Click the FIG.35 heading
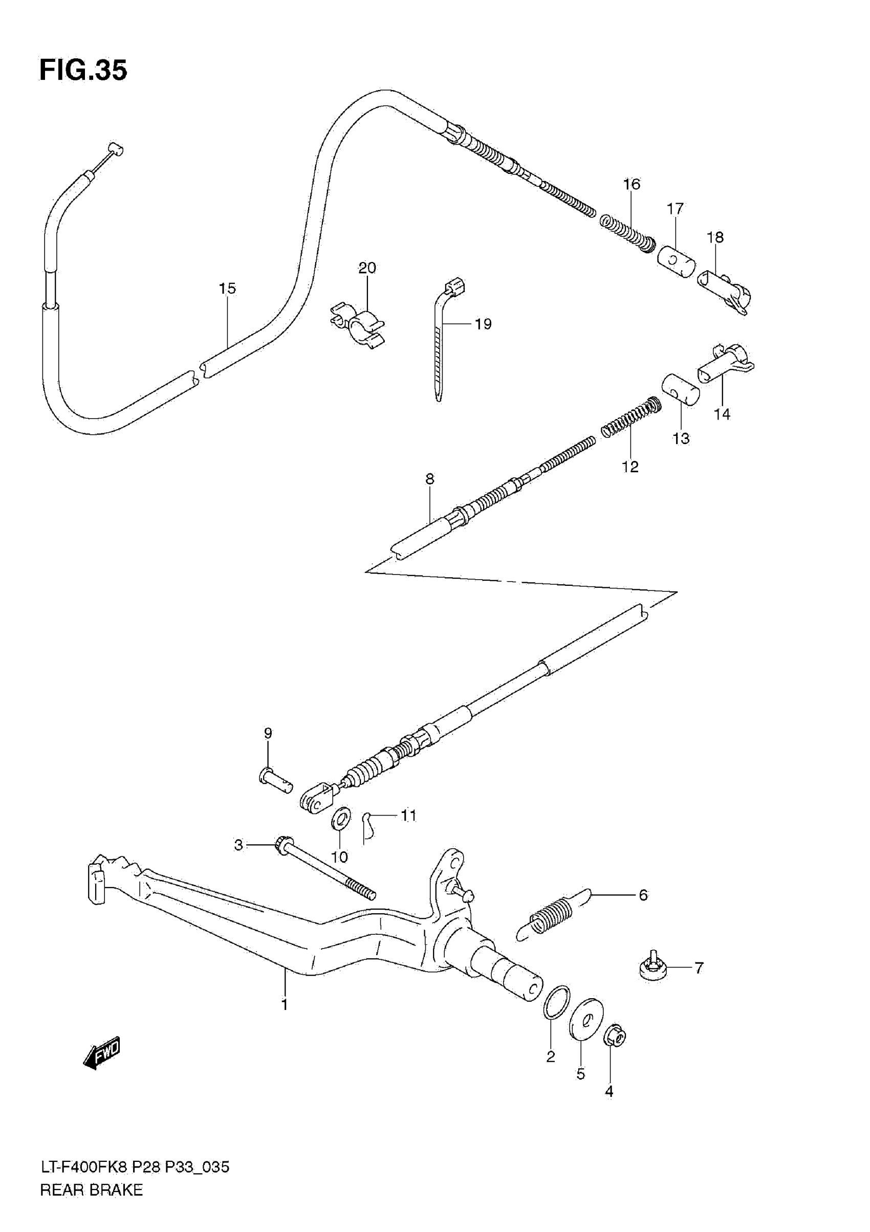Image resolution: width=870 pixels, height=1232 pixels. (83, 70)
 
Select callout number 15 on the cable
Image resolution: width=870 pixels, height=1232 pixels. (227, 289)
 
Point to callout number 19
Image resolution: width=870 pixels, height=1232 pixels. (483, 324)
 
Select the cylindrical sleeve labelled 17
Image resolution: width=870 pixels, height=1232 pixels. (676, 261)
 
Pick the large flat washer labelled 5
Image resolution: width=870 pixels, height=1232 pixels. (585, 1019)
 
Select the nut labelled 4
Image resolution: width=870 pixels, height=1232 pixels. (615, 1036)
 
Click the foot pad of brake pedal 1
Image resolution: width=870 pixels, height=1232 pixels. (96, 882)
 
